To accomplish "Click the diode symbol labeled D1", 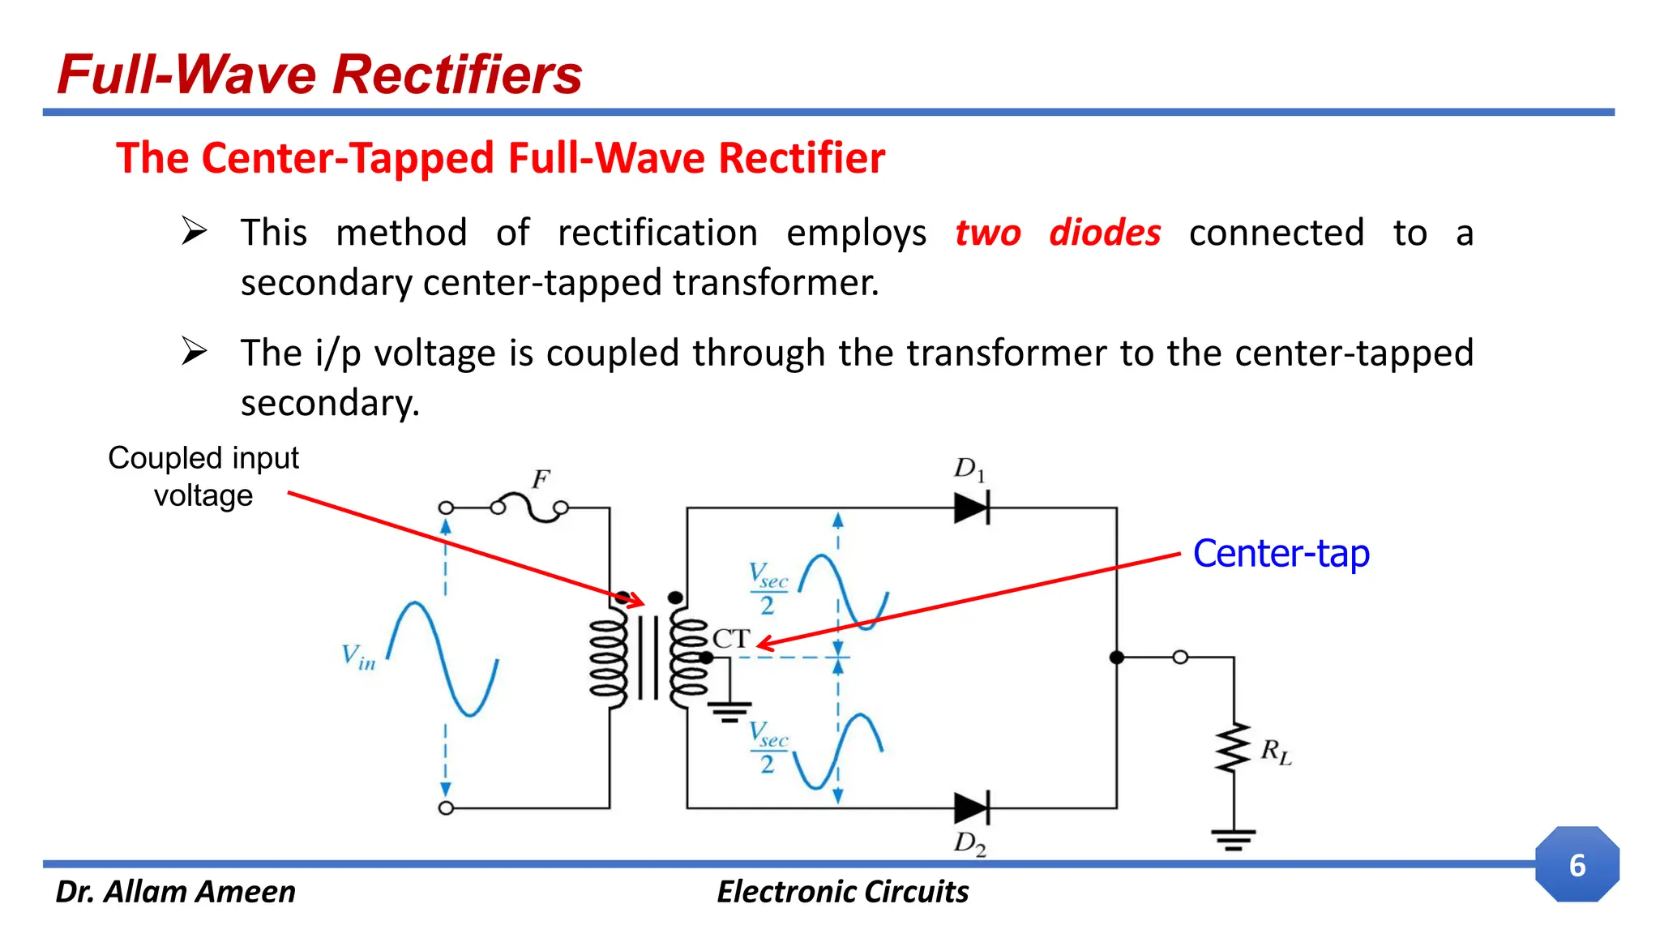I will [x=972, y=508].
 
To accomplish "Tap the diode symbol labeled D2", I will [x=972, y=808].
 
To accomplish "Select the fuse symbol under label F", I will [x=530, y=508].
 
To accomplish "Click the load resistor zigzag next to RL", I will [x=1234, y=749].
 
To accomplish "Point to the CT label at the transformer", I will [x=731, y=638].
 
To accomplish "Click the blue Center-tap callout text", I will [x=1281, y=554].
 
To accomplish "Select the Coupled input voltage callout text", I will [x=203, y=477].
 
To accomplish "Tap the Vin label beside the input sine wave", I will [x=358, y=657].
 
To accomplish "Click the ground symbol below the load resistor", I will [x=1234, y=839].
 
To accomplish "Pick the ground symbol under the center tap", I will [x=729, y=712].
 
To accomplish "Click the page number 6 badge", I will [x=1577, y=865].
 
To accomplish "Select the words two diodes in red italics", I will [x=1058, y=233].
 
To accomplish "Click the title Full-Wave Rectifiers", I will [x=320, y=75].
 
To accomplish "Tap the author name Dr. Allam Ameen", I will [x=175, y=892].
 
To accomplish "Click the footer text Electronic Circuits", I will [x=842, y=892].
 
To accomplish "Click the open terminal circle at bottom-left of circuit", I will [x=446, y=808].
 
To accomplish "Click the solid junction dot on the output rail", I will [x=1117, y=658].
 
